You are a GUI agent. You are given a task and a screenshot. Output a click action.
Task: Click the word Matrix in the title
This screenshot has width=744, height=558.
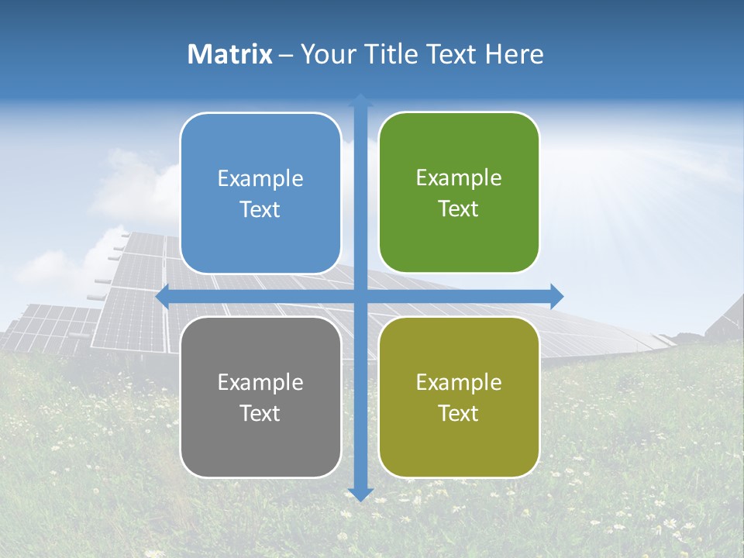coord(230,54)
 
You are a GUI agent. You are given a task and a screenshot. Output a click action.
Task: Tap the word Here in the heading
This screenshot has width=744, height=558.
coord(515,54)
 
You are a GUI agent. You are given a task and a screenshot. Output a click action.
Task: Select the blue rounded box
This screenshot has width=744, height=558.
coord(260,194)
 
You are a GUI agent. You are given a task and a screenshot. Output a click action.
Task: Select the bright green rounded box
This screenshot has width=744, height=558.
coord(459,193)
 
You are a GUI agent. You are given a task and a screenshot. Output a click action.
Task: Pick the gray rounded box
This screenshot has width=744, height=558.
coord(260,397)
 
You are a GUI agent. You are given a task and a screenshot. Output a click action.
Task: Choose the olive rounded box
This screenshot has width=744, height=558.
coord(459,397)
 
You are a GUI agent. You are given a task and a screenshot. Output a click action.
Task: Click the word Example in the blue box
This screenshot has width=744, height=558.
coord(260,178)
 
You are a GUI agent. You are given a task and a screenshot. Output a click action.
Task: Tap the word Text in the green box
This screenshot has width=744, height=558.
coord(459,209)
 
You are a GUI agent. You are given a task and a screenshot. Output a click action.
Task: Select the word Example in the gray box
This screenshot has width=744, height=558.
coord(260,382)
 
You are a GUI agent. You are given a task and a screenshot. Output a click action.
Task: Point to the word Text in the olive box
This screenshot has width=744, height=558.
coord(459,413)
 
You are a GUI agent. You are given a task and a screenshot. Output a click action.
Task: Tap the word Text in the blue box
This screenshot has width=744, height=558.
coord(260,210)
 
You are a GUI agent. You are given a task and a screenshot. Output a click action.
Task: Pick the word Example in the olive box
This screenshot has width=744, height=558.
coord(459,382)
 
